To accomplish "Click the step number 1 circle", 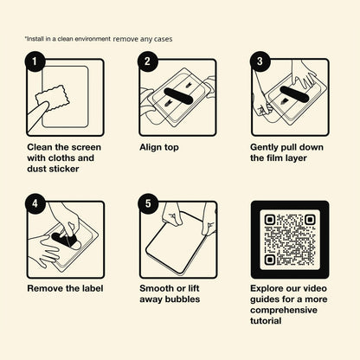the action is click(x=35, y=61).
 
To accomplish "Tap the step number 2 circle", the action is click(x=148, y=61).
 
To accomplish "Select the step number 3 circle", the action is click(x=260, y=61).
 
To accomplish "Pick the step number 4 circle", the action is click(x=35, y=203).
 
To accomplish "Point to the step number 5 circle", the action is click(x=148, y=203).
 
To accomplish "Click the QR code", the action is click(x=290, y=240).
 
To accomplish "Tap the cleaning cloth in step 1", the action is click(x=54, y=98).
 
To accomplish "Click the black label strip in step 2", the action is click(x=178, y=95).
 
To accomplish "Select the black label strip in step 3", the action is click(x=294, y=94).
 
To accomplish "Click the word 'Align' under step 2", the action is click(x=151, y=147).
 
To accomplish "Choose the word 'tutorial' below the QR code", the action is click(x=266, y=321).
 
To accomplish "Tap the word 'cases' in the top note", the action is click(x=164, y=39).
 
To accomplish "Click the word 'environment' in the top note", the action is click(x=93, y=39).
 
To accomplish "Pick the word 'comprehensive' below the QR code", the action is click(x=284, y=311).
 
